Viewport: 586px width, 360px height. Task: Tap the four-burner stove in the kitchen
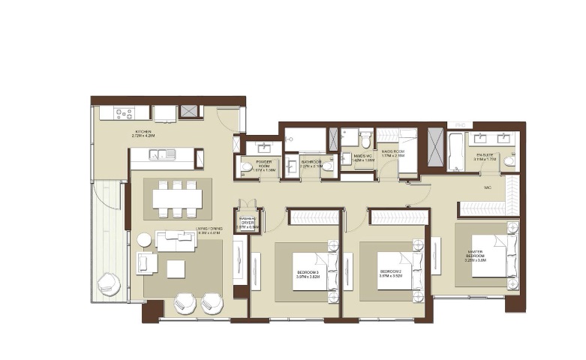[x=124, y=114]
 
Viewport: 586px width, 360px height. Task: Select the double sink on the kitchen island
[x=162, y=155]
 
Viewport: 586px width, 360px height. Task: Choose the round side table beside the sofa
[x=144, y=240]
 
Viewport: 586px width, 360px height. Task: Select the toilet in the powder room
[x=246, y=167]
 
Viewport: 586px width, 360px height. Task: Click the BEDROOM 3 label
[x=307, y=271]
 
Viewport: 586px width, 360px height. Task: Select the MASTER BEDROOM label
[x=484, y=255]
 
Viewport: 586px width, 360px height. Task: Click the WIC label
[x=488, y=187]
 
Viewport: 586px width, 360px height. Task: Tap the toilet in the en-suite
[x=509, y=160]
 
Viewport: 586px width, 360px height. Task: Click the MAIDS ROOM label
[x=392, y=152]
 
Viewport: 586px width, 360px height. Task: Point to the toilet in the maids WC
[x=365, y=140]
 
